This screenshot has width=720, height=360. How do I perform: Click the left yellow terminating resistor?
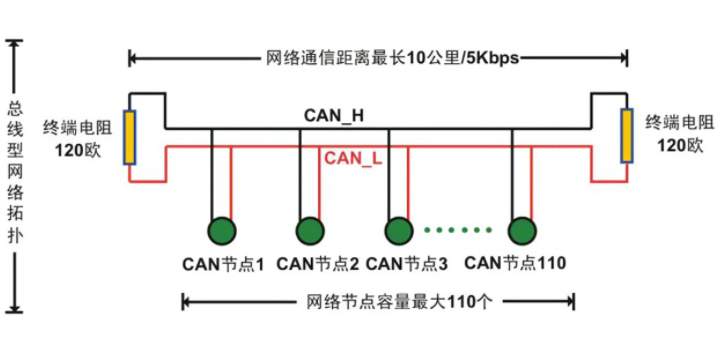[x=130, y=137]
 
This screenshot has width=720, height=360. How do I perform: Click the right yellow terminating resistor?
[x=627, y=137]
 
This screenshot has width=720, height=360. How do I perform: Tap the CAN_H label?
[x=333, y=116]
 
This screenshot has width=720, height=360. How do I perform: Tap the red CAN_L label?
[x=352, y=158]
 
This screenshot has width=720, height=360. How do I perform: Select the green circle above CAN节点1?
[x=221, y=232]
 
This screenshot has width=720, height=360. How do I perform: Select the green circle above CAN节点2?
[x=310, y=232]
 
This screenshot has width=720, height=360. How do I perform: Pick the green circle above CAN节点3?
[x=398, y=232]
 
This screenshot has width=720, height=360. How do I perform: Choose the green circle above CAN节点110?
[x=521, y=232]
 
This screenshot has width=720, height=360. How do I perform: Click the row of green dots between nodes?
[x=459, y=231]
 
